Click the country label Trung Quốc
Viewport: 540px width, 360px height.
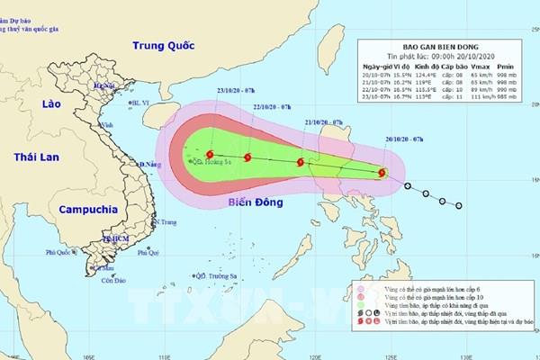pyautogui.click(x=161, y=45)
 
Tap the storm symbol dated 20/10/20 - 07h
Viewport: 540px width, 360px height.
pyautogui.click(x=383, y=174)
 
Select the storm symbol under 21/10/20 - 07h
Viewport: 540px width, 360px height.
pyautogui.click(x=301, y=163)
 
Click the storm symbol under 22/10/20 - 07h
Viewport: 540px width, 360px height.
pyautogui.click(x=247, y=158)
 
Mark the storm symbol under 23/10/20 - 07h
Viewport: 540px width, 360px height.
pyautogui.click(x=210, y=155)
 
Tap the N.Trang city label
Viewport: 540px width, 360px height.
pyautogui.click(x=165, y=221)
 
